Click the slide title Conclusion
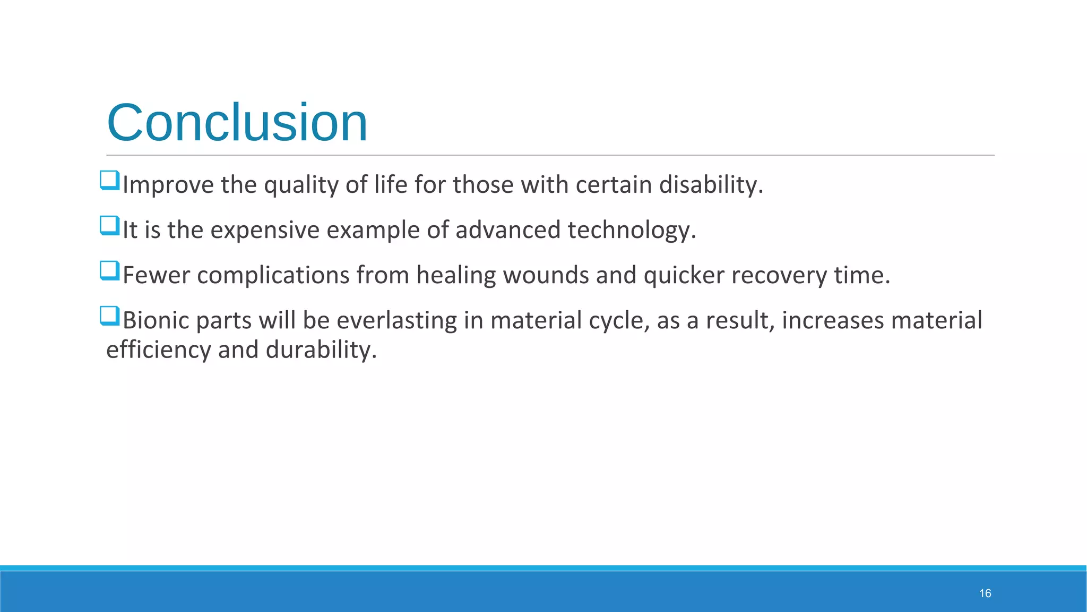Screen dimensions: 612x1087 [x=237, y=123]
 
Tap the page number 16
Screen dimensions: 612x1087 [x=985, y=593]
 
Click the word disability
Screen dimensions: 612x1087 [x=711, y=185]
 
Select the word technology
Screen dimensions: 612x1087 [x=632, y=230]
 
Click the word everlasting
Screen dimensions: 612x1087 [x=396, y=320]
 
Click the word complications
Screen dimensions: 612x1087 [x=273, y=275]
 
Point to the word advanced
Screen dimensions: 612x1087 [x=508, y=230]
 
